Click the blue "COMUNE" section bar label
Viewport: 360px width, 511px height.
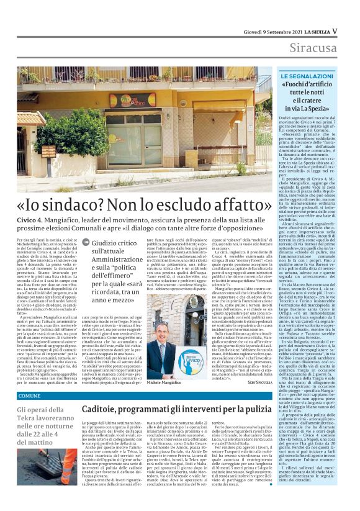(29, 395)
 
